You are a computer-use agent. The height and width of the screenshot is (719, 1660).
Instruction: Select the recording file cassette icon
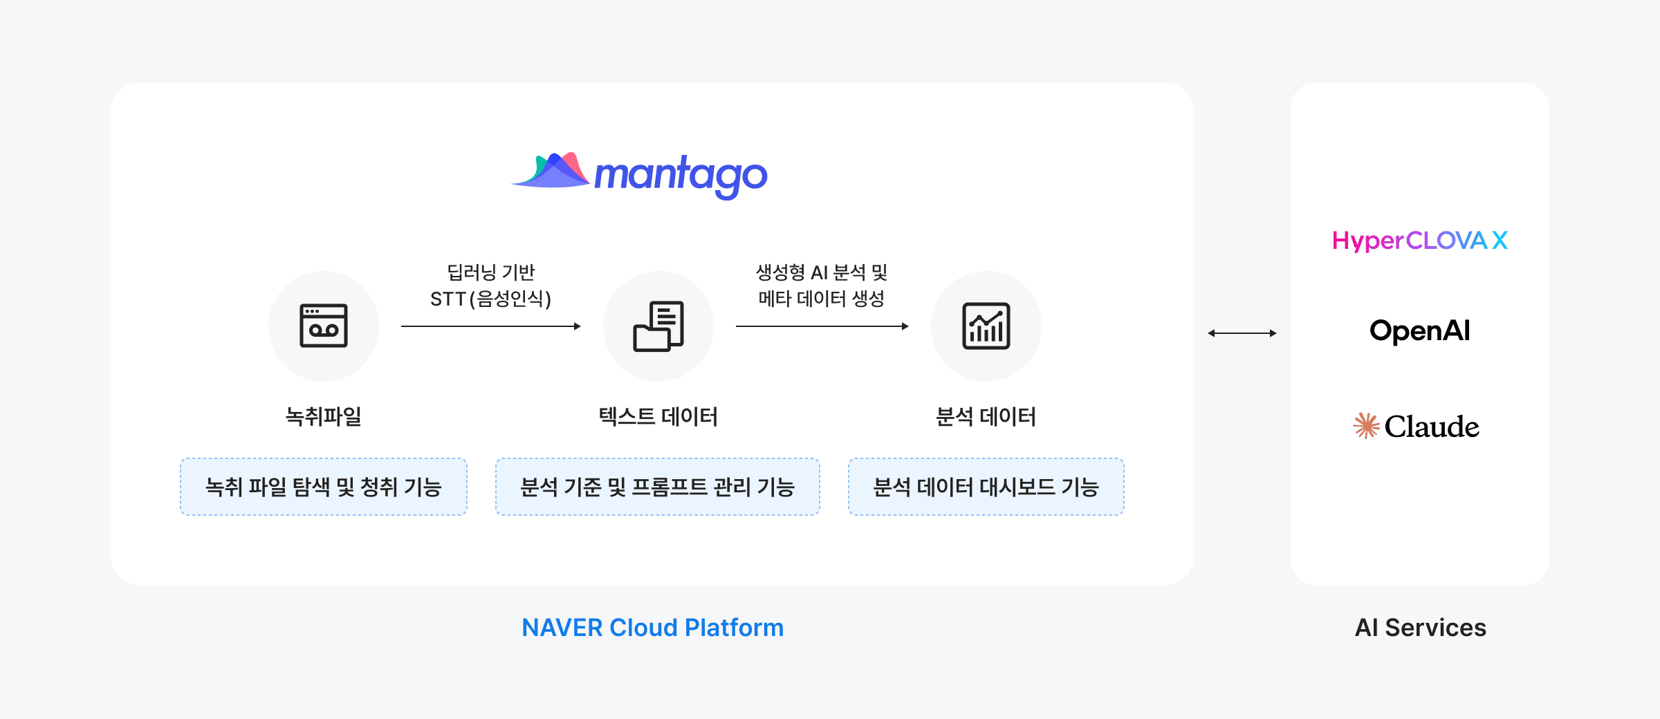click(323, 326)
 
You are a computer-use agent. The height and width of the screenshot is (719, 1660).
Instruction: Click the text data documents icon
click(658, 326)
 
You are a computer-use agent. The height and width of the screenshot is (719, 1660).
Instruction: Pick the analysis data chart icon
click(986, 326)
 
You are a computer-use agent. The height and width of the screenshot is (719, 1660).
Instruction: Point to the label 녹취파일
click(323, 416)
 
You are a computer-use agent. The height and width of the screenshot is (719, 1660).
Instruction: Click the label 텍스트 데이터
click(658, 416)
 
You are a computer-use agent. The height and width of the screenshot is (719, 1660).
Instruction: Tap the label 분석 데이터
click(986, 416)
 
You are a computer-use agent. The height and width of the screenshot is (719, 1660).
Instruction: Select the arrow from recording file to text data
click(490, 326)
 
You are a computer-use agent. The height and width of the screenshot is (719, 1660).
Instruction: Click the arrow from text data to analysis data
click(822, 326)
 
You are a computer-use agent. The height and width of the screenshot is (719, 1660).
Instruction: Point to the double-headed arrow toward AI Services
click(1242, 333)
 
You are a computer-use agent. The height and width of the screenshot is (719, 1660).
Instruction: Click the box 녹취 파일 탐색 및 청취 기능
click(323, 487)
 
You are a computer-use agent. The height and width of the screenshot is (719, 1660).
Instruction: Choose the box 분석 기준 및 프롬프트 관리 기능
click(658, 487)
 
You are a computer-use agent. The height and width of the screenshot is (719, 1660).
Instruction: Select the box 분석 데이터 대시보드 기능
click(986, 487)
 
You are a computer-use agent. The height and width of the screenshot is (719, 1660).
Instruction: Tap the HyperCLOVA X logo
click(1419, 241)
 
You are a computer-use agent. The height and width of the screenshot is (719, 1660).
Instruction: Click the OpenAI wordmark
click(1419, 330)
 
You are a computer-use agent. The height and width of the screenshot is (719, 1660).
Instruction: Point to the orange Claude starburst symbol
click(1366, 426)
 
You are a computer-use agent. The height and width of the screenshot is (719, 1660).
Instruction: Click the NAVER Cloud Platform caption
click(652, 628)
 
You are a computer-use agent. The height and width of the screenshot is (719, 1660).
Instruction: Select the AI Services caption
click(1420, 628)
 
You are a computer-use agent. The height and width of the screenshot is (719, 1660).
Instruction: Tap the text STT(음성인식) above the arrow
click(490, 299)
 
